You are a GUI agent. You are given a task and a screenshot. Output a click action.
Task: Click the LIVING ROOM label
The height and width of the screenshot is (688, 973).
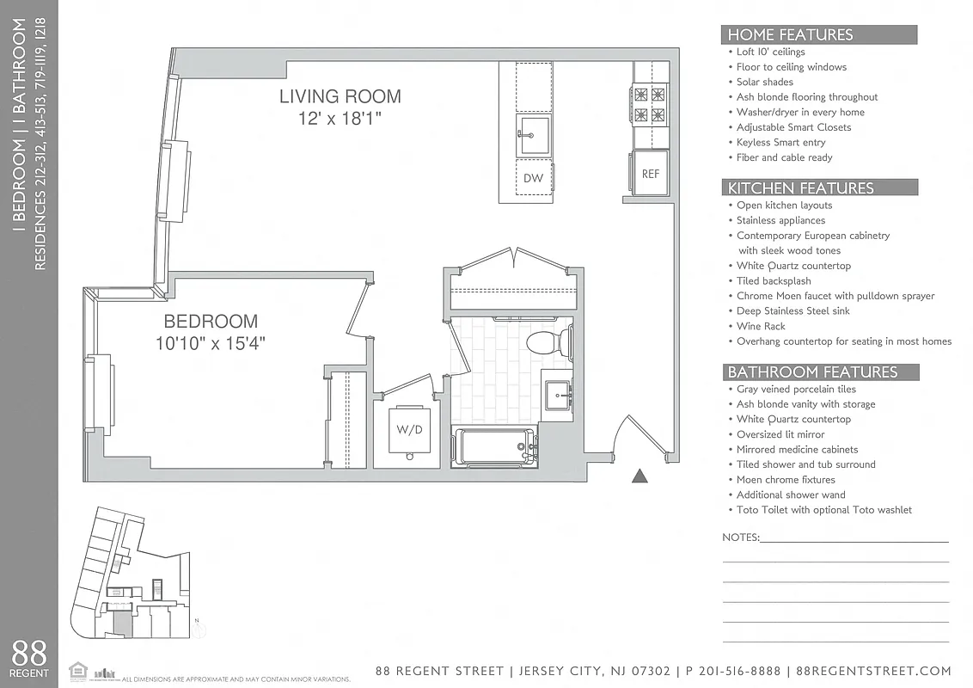(x=340, y=96)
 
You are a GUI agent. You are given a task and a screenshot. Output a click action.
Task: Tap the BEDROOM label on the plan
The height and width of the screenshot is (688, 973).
(x=211, y=322)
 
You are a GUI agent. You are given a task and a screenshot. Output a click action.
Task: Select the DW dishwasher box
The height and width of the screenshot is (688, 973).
(x=533, y=178)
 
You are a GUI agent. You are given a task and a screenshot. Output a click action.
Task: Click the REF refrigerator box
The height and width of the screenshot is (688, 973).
(x=651, y=174)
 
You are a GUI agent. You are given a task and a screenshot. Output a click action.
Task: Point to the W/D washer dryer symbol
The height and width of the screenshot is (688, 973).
(x=409, y=429)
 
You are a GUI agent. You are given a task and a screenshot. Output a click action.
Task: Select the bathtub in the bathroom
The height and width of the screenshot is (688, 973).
(x=494, y=445)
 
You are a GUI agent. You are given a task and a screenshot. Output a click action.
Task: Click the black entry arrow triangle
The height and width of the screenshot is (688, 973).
(x=639, y=475)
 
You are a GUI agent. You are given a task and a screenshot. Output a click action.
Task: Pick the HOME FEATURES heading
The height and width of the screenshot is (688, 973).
(x=790, y=35)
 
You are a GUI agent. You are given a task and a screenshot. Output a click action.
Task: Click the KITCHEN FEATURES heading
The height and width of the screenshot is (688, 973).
(x=800, y=188)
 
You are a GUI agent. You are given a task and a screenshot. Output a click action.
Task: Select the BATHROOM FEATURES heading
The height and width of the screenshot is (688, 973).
(x=812, y=372)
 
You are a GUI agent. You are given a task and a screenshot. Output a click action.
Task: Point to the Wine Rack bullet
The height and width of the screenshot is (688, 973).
(x=761, y=326)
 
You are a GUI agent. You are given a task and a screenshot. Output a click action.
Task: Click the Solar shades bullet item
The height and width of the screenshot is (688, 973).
(x=764, y=82)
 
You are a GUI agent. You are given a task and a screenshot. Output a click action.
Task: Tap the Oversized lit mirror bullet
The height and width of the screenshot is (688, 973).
(x=780, y=434)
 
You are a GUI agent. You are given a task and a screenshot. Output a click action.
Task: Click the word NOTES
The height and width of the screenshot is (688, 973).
(x=740, y=537)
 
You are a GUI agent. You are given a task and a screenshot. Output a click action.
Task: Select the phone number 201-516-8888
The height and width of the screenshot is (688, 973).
(x=735, y=671)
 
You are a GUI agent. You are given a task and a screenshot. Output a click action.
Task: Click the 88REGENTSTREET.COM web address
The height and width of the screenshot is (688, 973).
(x=873, y=671)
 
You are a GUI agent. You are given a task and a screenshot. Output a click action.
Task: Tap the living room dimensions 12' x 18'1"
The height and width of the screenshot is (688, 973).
(x=340, y=120)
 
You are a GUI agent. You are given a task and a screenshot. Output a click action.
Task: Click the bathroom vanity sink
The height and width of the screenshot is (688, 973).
(x=558, y=395)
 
